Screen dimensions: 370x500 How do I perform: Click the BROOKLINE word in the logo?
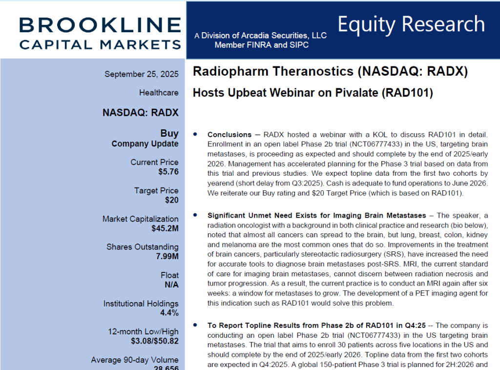click(x=100, y=25)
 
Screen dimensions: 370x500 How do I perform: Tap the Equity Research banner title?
click(x=411, y=24)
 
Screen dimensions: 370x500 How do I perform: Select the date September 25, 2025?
click(x=142, y=74)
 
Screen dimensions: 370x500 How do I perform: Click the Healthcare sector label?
click(x=159, y=93)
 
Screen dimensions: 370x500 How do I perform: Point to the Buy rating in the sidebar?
click(x=169, y=133)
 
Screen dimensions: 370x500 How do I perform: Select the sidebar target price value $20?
click(x=171, y=200)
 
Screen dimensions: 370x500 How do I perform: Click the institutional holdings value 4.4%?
click(x=169, y=313)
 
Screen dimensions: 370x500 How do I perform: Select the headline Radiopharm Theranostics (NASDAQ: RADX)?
click(x=330, y=72)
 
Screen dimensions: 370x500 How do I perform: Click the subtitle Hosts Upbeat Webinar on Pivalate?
click(x=312, y=93)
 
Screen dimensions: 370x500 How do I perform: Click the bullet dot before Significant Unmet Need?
click(x=196, y=215)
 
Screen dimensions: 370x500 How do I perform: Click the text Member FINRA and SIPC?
click(x=262, y=45)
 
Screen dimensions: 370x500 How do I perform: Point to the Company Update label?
click(x=145, y=144)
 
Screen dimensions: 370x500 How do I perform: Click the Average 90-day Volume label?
click(x=135, y=360)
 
